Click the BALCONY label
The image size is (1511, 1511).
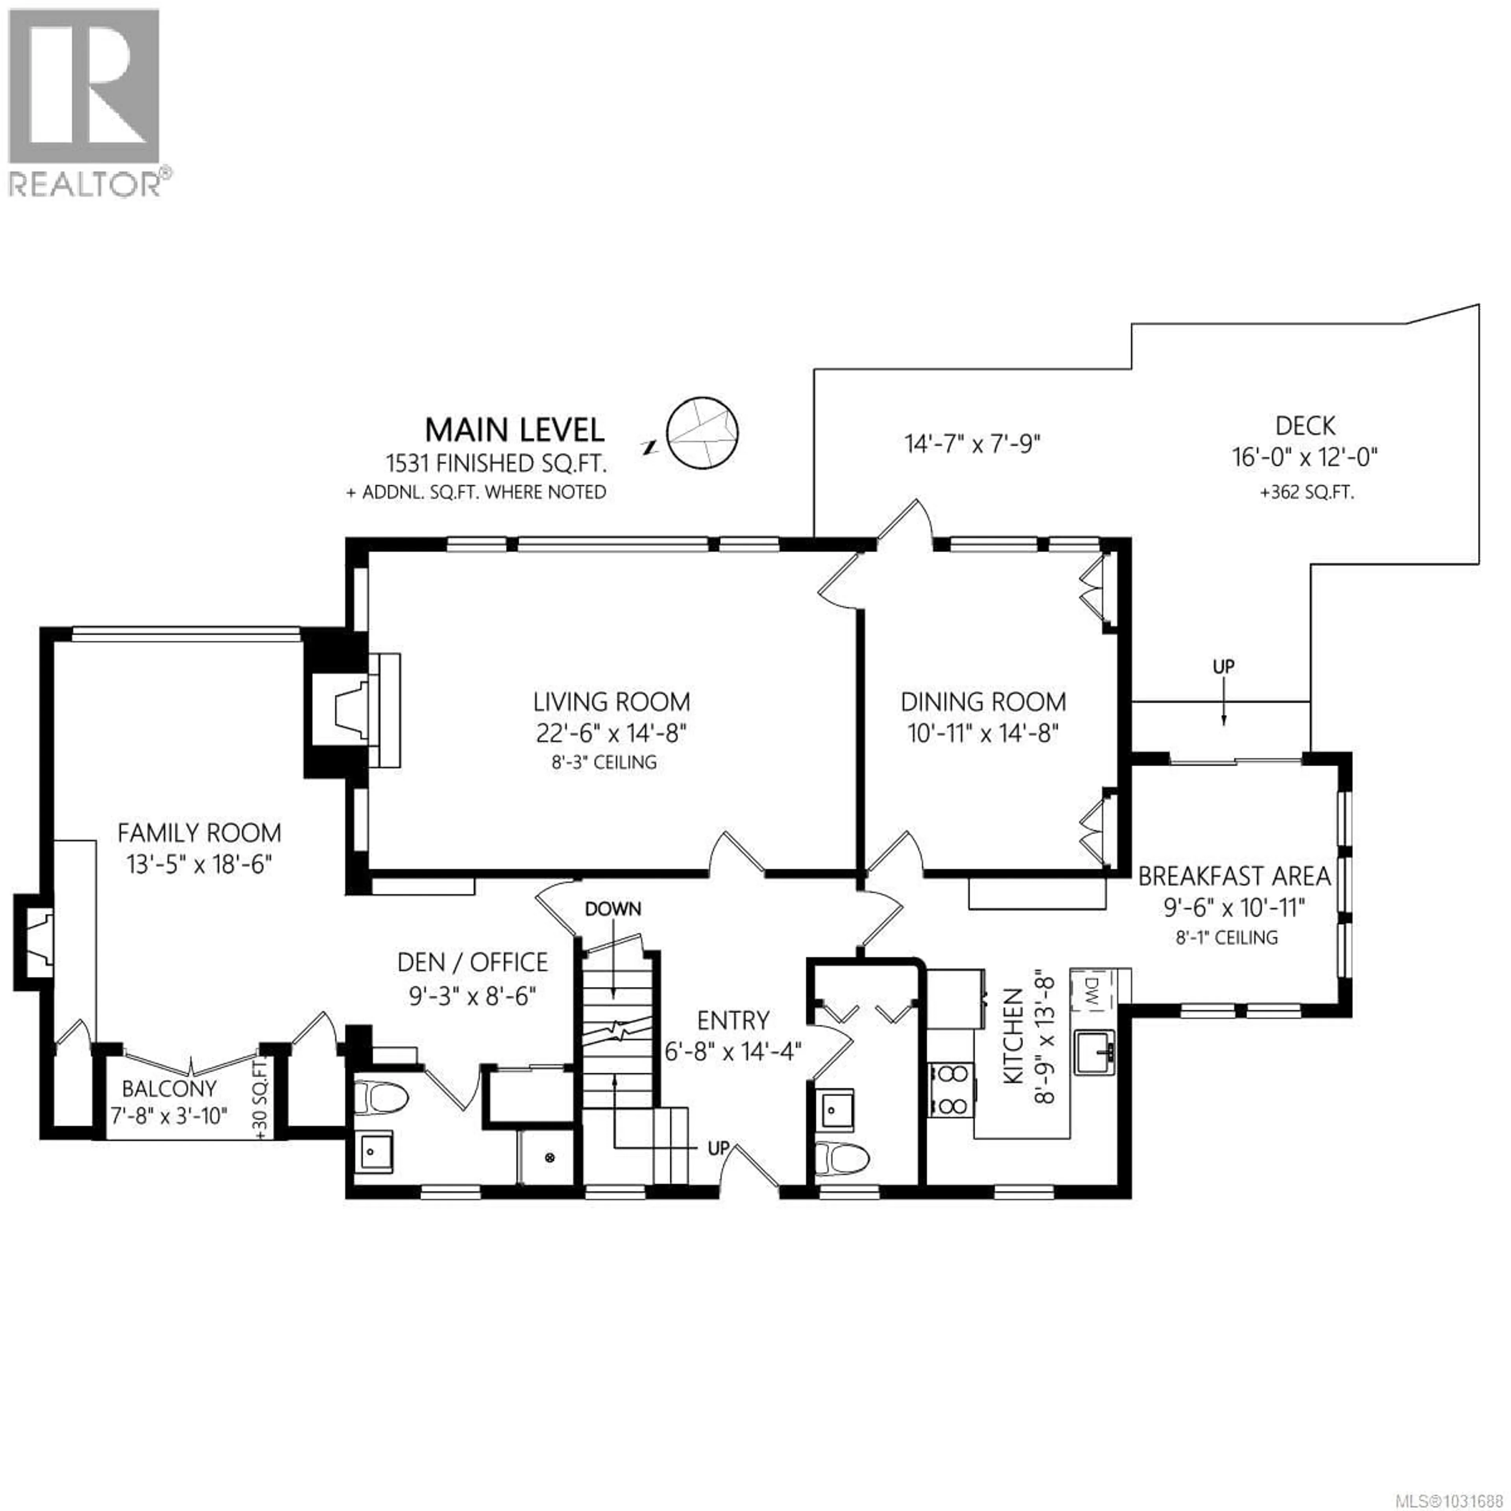click(x=169, y=1089)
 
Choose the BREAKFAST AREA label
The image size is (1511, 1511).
click(x=1234, y=877)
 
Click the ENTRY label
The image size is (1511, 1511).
click(x=733, y=1021)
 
